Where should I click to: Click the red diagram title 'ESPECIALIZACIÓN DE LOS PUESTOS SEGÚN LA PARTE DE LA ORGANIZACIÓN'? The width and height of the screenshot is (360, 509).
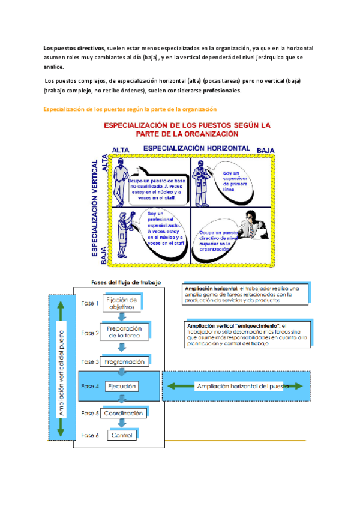[187, 129]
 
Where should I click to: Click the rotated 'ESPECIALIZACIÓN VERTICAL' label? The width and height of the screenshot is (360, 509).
[95, 207]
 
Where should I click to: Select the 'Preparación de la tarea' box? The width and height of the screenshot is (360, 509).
[124, 333]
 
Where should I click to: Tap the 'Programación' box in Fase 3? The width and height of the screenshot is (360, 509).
[124, 362]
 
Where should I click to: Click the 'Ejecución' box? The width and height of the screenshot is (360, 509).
[122, 385]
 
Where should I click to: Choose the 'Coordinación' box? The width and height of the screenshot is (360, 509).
[123, 414]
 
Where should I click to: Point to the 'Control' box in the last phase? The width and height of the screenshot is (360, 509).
[122, 435]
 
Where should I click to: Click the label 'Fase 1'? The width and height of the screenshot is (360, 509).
[90, 303]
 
